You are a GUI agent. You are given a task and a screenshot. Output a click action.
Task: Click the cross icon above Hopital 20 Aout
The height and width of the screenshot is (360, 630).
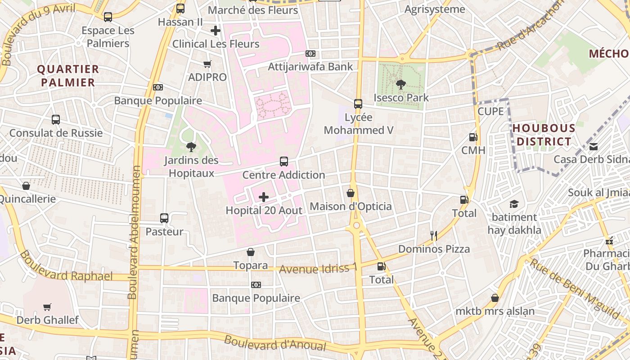pyautogui.click(x=264, y=197)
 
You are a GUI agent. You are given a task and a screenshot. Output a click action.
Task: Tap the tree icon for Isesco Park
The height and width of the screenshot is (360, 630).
pyautogui.click(x=400, y=84)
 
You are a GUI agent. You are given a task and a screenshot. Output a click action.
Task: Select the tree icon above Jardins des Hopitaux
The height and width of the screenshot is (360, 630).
pyautogui.click(x=191, y=147)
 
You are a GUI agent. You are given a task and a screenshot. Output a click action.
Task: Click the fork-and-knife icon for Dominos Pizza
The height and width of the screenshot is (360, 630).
pyautogui.click(x=434, y=235)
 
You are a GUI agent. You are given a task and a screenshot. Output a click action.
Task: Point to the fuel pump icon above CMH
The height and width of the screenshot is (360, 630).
pyautogui.click(x=473, y=137)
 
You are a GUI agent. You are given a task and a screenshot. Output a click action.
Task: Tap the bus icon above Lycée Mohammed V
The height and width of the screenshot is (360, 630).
pyautogui.click(x=358, y=104)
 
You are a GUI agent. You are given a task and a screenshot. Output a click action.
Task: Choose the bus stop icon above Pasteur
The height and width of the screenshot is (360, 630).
pyautogui.click(x=164, y=218)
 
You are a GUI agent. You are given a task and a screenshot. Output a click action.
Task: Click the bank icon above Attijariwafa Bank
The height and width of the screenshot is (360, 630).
pyautogui.click(x=310, y=54)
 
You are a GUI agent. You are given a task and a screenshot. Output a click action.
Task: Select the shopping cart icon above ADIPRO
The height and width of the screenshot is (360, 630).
pyautogui.click(x=207, y=64)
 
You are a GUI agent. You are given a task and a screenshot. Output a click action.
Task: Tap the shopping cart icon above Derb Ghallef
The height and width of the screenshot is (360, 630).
pyautogui.click(x=47, y=307)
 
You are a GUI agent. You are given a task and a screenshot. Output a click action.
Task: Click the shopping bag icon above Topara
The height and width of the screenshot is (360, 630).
pyautogui.click(x=251, y=252)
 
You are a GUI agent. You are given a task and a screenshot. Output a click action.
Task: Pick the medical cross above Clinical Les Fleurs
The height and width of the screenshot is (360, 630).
pyautogui.click(x=216, y=31)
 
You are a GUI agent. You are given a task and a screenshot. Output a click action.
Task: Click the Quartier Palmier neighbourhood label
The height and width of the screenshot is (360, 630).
pyautogui.click(x=67, y=76)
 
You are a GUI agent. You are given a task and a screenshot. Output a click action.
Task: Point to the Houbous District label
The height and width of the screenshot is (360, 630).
pyautogui.click(x=544, y=135)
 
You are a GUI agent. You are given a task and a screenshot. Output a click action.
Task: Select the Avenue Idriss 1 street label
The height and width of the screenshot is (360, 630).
pyautogui.click(x=318, y=269)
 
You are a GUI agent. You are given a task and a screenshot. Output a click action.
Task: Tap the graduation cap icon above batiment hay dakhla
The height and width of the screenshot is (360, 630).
pyautogui.click(x=514, y=204)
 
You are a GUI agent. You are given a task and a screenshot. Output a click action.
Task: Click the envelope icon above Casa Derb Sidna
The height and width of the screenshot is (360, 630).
pyautogui.click(x=594, y=146)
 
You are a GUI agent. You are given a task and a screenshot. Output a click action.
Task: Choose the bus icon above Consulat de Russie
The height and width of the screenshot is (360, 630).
pyautogui.click(x=56, y=120)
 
